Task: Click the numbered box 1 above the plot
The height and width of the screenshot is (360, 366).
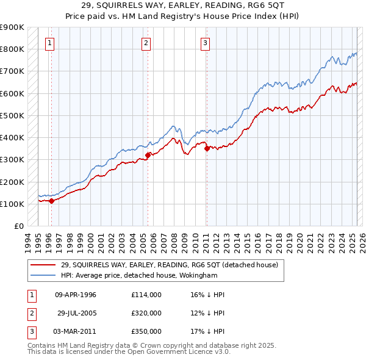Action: click(x=49, y=43)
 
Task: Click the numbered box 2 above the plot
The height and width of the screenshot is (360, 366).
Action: click(x=146, y=43)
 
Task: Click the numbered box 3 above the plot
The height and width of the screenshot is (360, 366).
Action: click(x=206, y=43)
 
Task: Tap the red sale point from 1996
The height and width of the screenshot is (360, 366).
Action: click(x=51, y=200)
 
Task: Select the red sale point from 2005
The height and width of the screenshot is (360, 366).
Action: click(x=148, y=155)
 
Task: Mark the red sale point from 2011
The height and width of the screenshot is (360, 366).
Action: click(x=207, y=148)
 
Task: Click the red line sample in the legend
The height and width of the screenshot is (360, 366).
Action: click(x=43, y=265)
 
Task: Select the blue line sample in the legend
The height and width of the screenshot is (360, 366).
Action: click(x=43, y=275)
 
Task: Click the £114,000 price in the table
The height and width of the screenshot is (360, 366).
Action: click(x=146, y=295)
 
